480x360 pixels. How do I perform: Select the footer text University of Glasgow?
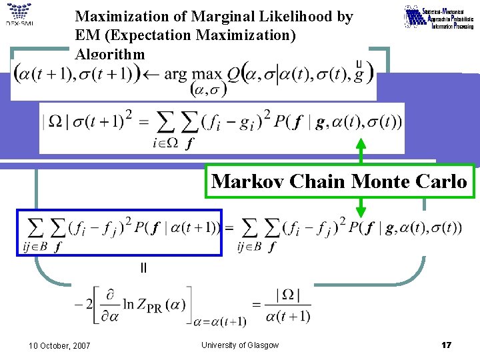pyautogui.click(x=240, y=345)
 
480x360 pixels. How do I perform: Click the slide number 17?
pyautogui.click(x=447, y=345)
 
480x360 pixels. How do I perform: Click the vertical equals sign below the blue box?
pyautogui.click(x=143, y=268)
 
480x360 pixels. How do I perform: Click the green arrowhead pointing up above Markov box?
pyautogui.click(x=361, y=141)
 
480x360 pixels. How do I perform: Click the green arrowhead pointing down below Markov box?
pyautogui.click(x=361, y=212)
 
